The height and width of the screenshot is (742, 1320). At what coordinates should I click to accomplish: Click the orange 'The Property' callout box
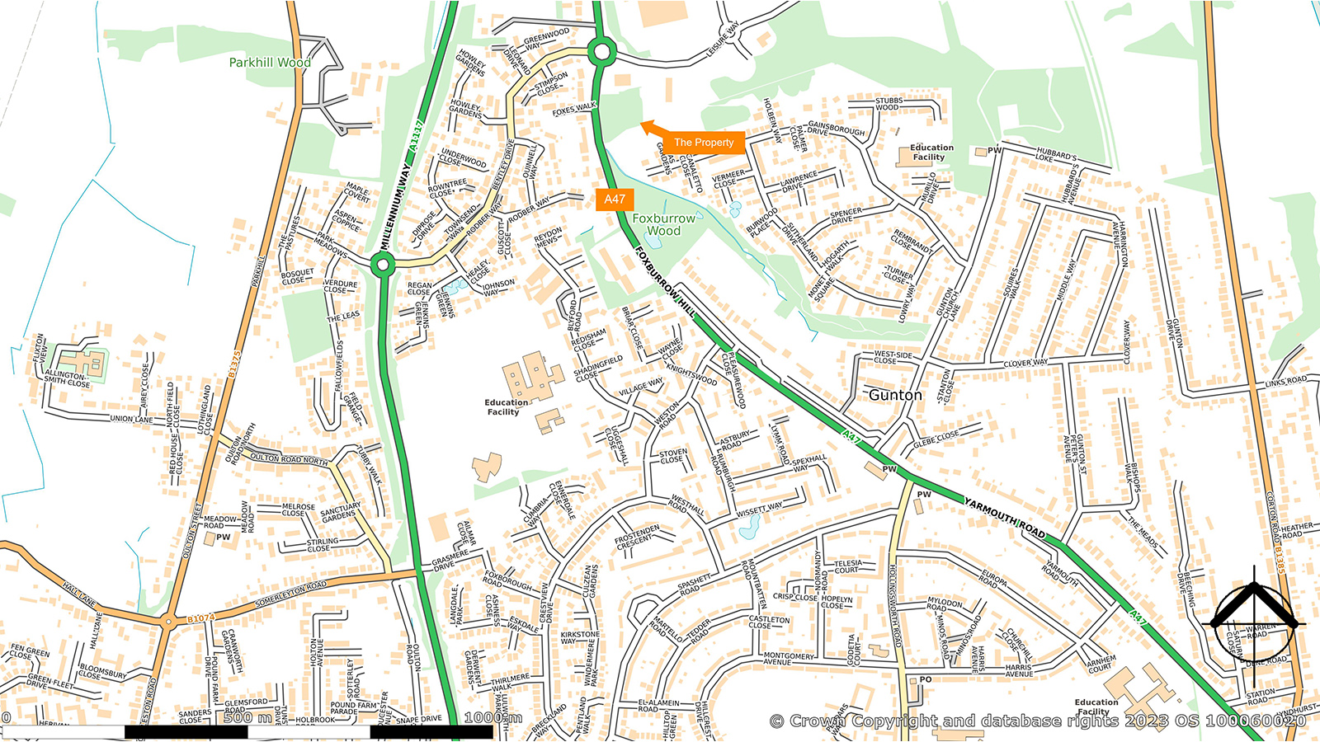coord(704,142)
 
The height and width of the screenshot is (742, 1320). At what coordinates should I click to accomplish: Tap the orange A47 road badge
coord(615,199)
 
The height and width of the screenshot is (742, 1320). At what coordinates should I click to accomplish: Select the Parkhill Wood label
coord(270,63)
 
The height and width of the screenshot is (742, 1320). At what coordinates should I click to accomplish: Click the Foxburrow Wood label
coord(663,224)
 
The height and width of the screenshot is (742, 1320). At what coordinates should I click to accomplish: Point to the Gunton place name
coord(895,395)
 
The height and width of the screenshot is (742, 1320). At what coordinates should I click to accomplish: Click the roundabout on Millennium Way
coord(382,265)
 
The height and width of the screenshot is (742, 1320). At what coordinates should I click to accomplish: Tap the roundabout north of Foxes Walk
coord(601,54)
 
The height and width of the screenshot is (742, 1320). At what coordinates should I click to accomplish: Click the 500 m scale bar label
coord(247,717)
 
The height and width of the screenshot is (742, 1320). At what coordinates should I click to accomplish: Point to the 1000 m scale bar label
coord(493,717)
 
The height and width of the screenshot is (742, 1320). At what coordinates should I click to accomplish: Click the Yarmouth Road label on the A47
coord(1005,518)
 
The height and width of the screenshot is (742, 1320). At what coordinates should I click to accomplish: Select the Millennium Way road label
coord(396,206)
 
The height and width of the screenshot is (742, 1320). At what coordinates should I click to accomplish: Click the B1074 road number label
coord(200,618)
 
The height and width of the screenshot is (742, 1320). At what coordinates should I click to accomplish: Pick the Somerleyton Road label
coord(290,594)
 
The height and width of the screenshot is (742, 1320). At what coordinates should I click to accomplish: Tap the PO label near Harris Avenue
coord(926,680)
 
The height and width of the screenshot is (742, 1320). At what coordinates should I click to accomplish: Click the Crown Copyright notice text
coord(1037,721)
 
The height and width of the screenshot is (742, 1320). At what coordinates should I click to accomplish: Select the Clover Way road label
coord(1025,363)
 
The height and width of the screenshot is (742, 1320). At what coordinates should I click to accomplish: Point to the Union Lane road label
coord(132,419)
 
